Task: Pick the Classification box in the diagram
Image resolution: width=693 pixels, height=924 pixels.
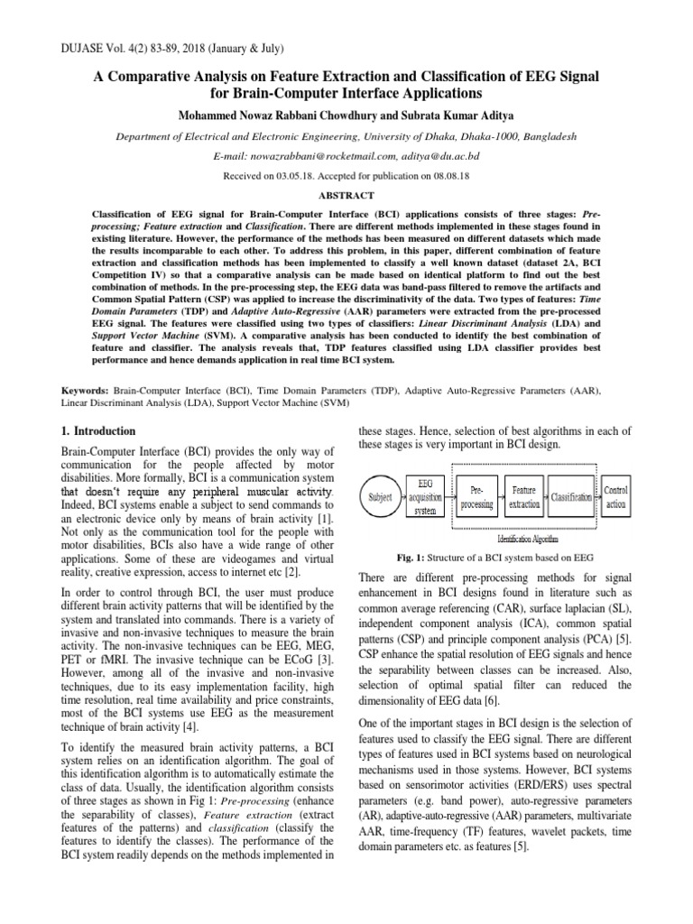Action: pos(571,497)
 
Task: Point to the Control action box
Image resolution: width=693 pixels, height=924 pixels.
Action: pos(617,496)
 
